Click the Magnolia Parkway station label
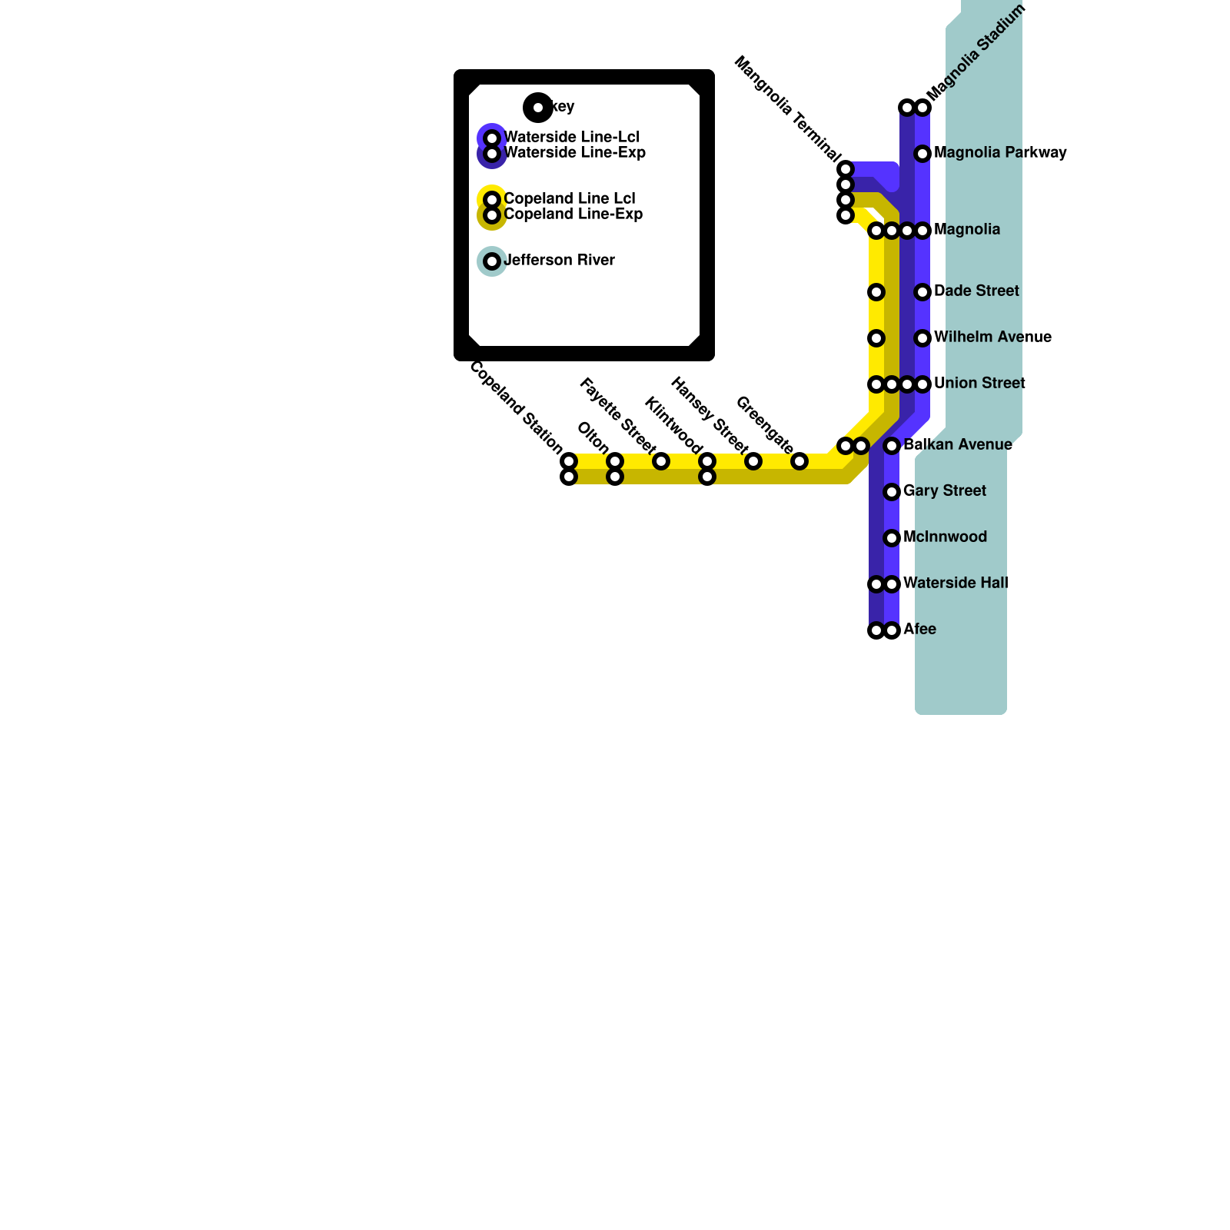[x=1000, y=153]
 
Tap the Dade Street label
[x=976, y=291]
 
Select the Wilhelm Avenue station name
[x=992, y=337]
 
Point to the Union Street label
[x=979, y=384]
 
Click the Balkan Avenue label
[x=958, y=445]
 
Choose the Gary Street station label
[x=945, y=491]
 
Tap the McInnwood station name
[x=945, y=537]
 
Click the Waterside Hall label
[x=956, y=583]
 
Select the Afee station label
[x=919, y=630]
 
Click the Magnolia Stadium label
[x=976, y=52]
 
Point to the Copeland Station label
[x=516, y=407]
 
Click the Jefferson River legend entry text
[x=559, y=261]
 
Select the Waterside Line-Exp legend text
[x=574, y=153]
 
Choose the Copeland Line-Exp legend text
[x=573, y=214]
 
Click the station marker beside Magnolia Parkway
[x=922, y=154]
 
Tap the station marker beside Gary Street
[x=892, y=492]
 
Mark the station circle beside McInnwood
[x=892, y=538]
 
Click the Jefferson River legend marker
[x=492, y=261]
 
